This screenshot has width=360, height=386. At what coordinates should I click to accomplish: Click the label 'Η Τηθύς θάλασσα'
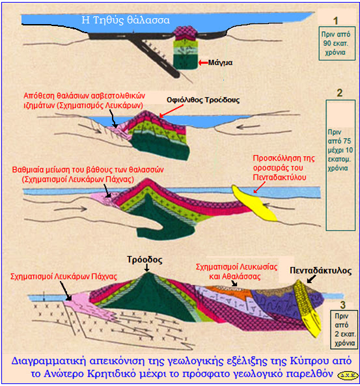coord(126,20)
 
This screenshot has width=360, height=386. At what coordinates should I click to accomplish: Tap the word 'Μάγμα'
coord(221,62)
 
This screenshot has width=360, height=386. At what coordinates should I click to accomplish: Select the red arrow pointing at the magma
coord(203,62)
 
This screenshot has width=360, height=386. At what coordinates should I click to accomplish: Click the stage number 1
coord(335,21)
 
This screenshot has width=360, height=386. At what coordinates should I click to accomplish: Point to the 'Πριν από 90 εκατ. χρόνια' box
coord(337,44)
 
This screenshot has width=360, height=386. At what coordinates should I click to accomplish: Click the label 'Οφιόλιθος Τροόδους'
coord(203,100)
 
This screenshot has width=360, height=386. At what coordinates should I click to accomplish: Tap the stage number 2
coord(339,93)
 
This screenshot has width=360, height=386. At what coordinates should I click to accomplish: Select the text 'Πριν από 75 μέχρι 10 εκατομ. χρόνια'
coord(340,150)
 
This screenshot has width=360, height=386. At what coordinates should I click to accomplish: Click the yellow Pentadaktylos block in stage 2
coord(255,203)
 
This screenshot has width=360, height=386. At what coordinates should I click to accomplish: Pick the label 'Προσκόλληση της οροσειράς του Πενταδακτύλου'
coord(284,168)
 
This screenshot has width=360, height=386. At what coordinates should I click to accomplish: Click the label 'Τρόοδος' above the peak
coord(145,260)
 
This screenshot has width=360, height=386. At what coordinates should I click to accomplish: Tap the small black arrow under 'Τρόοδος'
coord(146,268)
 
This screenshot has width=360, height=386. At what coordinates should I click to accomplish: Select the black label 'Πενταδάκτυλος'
coord(320,271)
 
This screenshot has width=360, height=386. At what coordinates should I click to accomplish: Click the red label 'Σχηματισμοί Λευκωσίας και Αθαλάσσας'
coord(236,271)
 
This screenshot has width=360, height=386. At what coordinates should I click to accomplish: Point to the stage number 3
coord(342,305)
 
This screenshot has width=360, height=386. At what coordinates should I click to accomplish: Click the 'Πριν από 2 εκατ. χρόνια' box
coord(344,329)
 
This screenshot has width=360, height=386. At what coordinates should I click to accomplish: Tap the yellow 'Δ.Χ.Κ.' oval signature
coord(348,375)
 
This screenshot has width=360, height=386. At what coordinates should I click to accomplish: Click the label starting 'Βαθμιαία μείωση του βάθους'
coord(88,174)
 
